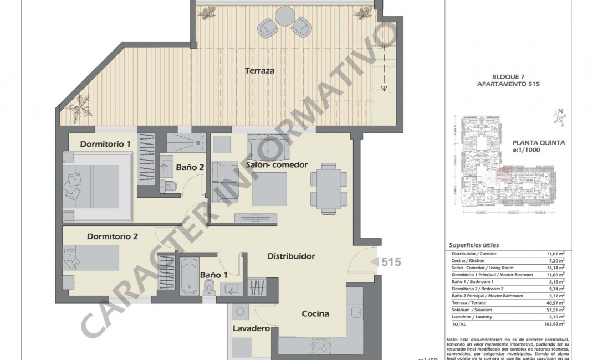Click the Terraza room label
point(260,71)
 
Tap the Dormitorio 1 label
point(105,145)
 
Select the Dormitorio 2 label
point(112,236)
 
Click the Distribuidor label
point(291,256)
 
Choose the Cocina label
point(315,314)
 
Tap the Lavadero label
point(251,328)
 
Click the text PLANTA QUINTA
point(538,142)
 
